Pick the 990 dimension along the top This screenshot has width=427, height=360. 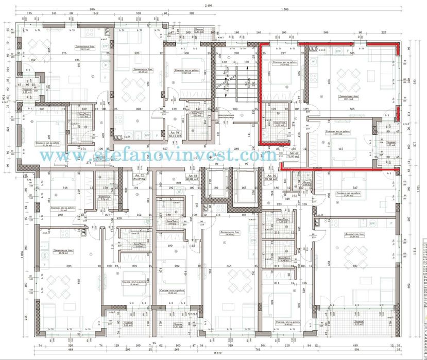93,10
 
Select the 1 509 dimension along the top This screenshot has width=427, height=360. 284,10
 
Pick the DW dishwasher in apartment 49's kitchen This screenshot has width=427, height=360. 338,52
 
